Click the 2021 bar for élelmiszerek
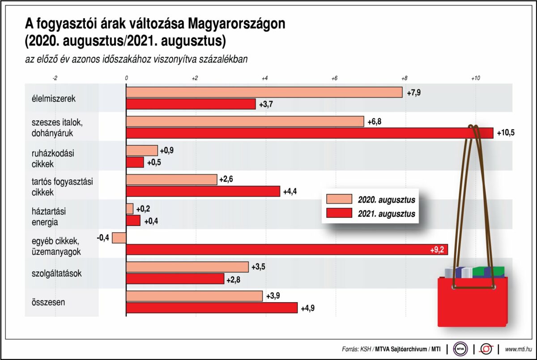191,104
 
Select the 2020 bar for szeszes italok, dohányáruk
245,121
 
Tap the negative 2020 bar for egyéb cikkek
119,238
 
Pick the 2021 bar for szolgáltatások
175,279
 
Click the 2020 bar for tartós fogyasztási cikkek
171,180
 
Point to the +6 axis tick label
334,78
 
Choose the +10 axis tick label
475,78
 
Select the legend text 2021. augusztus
387,214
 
